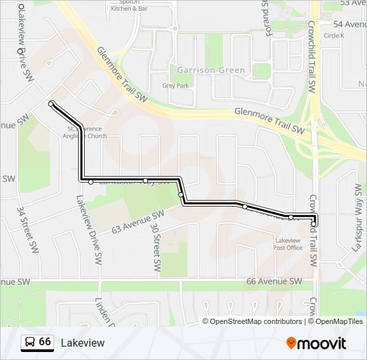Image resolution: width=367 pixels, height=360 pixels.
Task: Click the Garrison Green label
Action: pos(210,70)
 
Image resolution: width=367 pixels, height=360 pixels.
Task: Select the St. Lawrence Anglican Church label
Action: pos(87,132)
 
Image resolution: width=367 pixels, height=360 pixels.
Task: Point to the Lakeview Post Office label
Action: pos(288,244)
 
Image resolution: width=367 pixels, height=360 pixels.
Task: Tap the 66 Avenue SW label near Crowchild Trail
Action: pos(274,281)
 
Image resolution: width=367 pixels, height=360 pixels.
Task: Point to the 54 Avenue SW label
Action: pos(349,24)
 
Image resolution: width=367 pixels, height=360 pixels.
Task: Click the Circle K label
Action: pos(334,35)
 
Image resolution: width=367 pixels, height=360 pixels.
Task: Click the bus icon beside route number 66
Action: pos(30,343)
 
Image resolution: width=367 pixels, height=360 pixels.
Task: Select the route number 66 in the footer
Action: pos(45,342)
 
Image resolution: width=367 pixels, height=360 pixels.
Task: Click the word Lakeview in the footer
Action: pos(83,343)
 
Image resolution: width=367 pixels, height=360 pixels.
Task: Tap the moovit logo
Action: pos(316,343)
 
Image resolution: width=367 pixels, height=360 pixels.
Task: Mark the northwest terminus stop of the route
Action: pos(51,103)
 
